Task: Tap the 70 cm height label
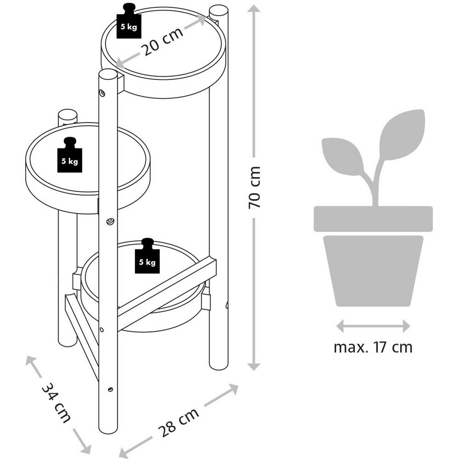254,187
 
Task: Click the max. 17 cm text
373,347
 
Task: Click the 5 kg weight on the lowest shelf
147,259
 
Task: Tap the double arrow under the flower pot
373,326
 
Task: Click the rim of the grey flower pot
373,219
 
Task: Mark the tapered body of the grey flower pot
373,270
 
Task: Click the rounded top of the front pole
108,75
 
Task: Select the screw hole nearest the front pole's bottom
110,389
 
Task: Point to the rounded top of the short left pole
67,115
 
